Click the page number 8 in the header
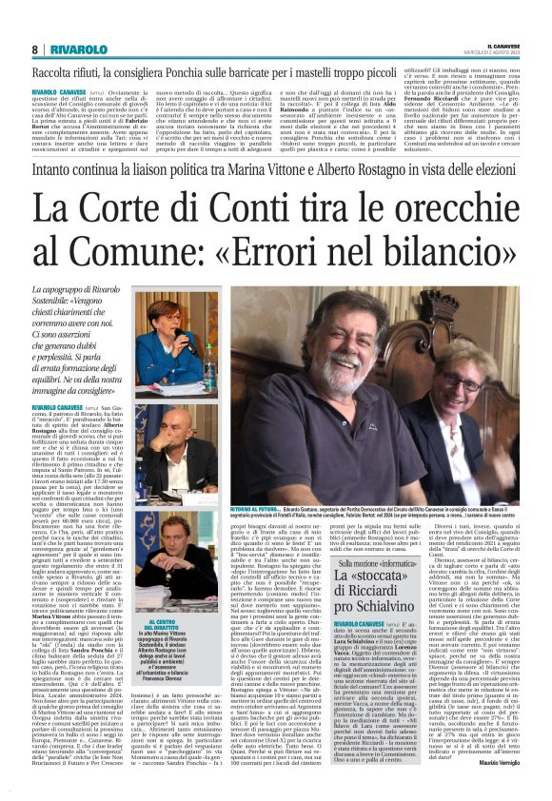tap(35, 49)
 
